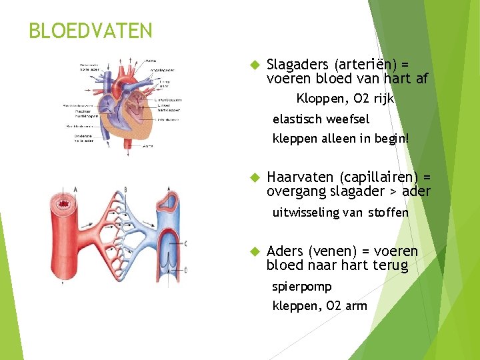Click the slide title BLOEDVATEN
[x=91, y=31]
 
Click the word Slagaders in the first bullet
[x=297, y=65]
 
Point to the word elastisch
[x=297, y=119]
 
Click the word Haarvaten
[x=301, y=177]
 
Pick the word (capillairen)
[x=379, y=177]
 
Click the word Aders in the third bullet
[x=285, y=251]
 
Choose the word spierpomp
[x=302, y=287]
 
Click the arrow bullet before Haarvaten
[x=253, y=178]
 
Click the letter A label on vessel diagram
[x=75, y=189]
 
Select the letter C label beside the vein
[x=185, y=243]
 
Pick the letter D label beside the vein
[x=185, y=270]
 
